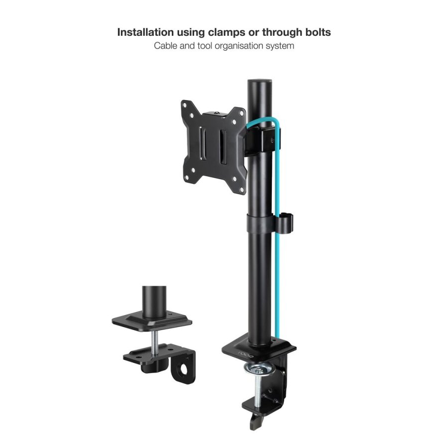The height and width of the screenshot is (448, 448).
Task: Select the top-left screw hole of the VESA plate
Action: click(188, 105)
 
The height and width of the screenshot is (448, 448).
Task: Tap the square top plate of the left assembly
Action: click(150, 322)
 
